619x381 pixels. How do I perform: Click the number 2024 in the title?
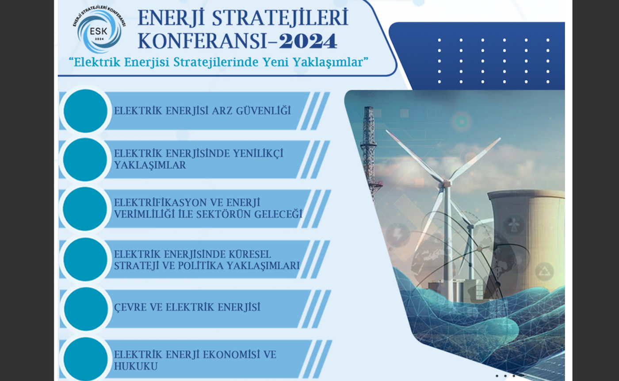308,41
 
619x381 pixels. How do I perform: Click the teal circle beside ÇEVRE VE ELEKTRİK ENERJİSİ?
85,308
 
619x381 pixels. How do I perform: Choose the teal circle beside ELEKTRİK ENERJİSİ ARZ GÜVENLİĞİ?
85,111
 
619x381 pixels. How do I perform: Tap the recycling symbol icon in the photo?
544,271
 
